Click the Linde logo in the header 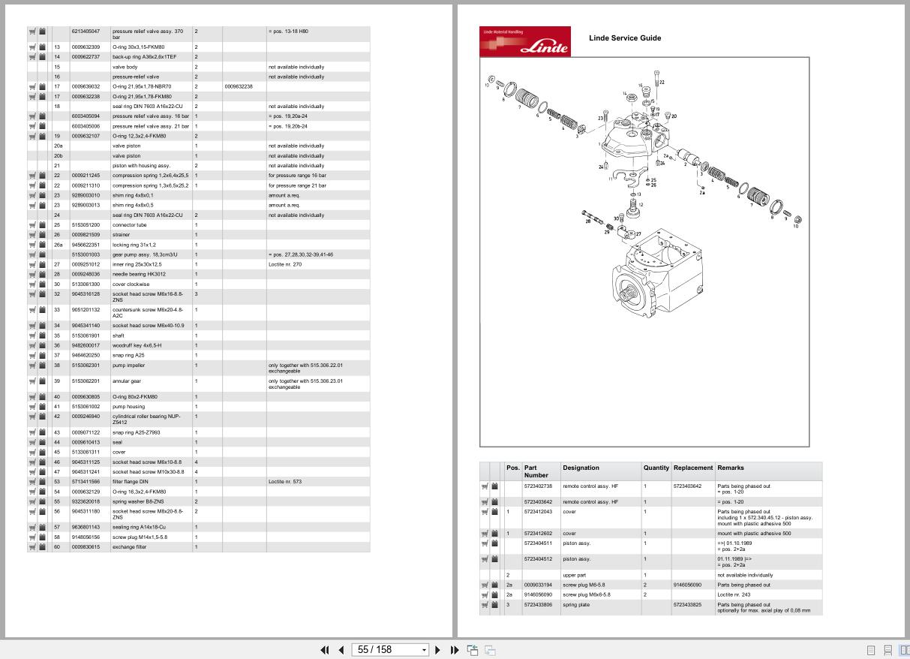point(524,42)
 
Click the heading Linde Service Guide point(624,38)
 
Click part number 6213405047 point(86,32)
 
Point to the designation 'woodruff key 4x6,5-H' point(137,345)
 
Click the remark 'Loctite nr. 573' point(285,482)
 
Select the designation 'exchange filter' point(129,547)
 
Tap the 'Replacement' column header point(692,468)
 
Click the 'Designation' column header point(581,468)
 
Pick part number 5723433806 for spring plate point(538,605)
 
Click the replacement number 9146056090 point(687,585)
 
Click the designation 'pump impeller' point(129,366)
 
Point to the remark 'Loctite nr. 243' point(734,594)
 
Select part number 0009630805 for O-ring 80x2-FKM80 point(86,396)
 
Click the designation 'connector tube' point(130,224)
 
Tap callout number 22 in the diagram point(661,83)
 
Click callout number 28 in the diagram point(587,221)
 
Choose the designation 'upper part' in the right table point(575,575)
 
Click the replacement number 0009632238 point(239,86)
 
